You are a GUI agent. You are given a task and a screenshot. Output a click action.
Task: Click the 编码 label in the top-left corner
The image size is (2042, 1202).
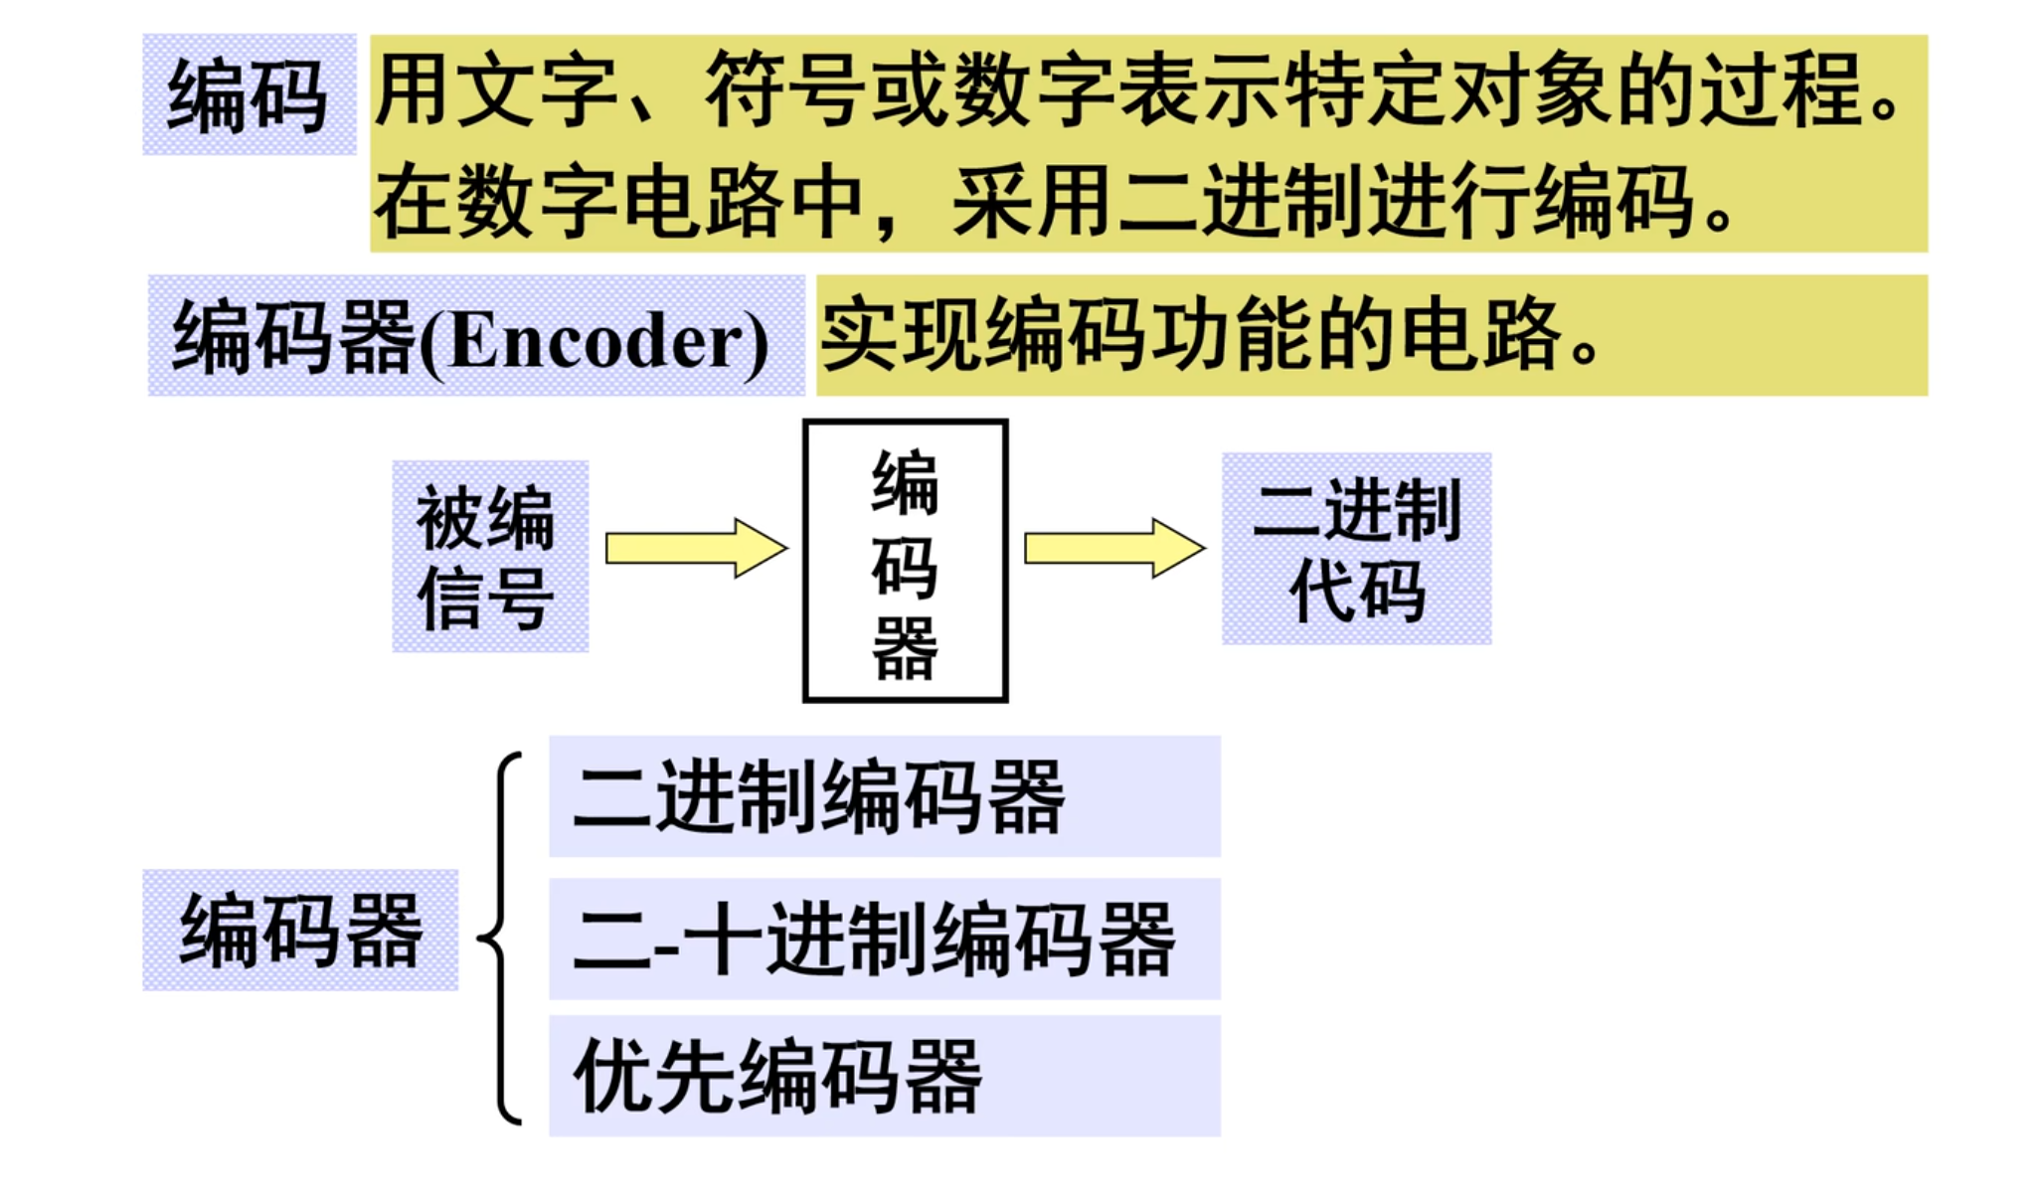coord(249,95)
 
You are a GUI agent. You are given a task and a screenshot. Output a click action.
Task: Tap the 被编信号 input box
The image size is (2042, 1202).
coord(489,557)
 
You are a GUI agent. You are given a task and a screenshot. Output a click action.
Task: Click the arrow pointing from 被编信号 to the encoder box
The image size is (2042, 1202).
coord(696,548)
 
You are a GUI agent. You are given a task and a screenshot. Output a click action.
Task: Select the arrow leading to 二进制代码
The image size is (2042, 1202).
coord(1113,548)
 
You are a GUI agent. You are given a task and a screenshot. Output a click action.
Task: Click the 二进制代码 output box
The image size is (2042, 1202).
coord(1356,550)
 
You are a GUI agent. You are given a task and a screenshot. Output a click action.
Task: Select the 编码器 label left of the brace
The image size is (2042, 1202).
coord(300,931)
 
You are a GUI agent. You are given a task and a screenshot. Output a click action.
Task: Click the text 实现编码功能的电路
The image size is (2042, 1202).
coord(1208,335)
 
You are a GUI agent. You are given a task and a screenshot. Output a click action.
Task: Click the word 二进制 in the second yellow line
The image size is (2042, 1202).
coord(1243,202)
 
